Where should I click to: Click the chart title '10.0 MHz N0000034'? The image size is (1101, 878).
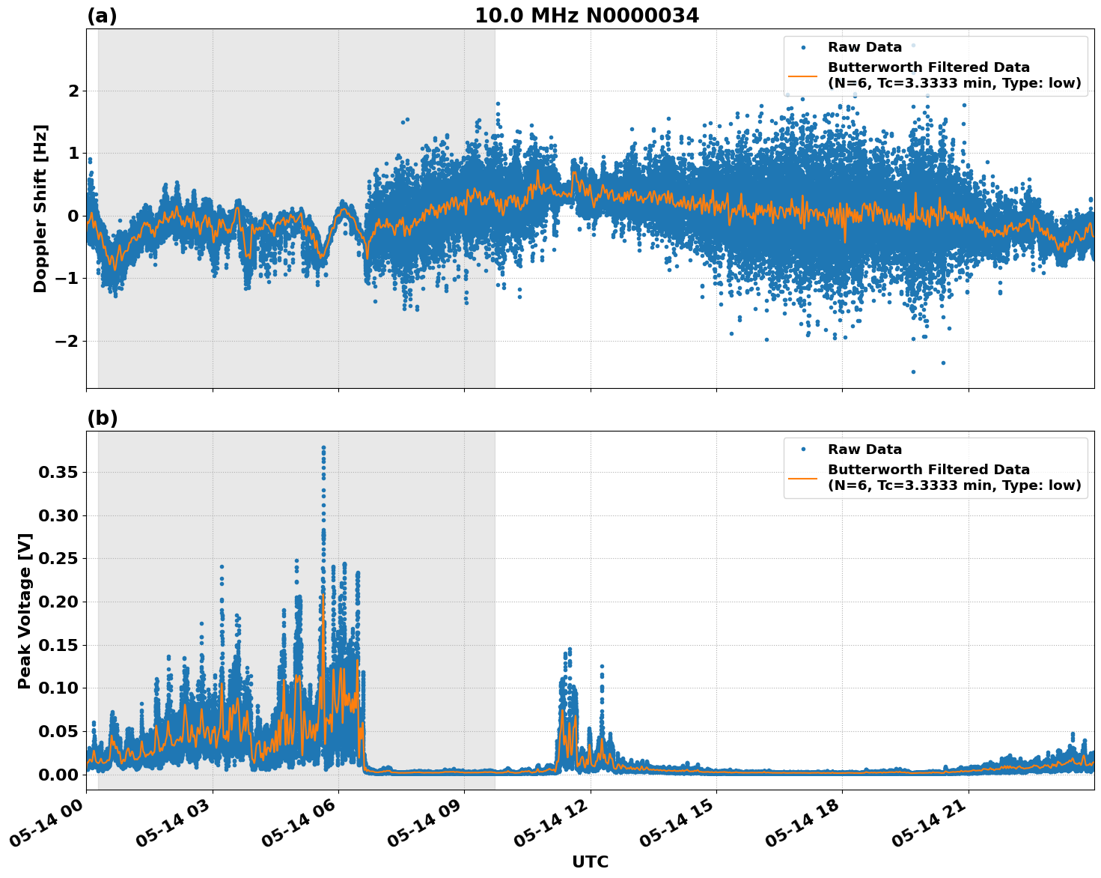click(586, 16)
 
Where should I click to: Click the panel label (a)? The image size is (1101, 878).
click(102, 16)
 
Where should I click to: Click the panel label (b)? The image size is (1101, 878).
click(102, 418)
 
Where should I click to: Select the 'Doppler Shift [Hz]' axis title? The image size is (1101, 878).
click(40, 208)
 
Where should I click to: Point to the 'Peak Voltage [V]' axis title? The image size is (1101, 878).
click(25, 611)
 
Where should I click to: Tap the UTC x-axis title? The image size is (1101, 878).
click(590, 862)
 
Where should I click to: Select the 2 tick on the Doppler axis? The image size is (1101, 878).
click(73, 91)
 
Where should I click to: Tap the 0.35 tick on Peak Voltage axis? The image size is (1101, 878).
click(58, 473)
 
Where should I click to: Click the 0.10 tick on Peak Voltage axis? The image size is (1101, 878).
click(58, 688)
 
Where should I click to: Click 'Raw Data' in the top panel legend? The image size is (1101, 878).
click(864, 47)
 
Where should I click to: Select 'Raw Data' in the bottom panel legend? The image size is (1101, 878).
click(864, 449)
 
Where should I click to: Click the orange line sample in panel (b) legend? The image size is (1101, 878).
click(802, 477)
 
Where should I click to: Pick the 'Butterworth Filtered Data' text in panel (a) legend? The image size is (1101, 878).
click(928, 67)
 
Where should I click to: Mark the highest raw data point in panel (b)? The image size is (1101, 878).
click(323, 448)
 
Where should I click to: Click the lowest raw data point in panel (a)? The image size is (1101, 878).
click(913, 372)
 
